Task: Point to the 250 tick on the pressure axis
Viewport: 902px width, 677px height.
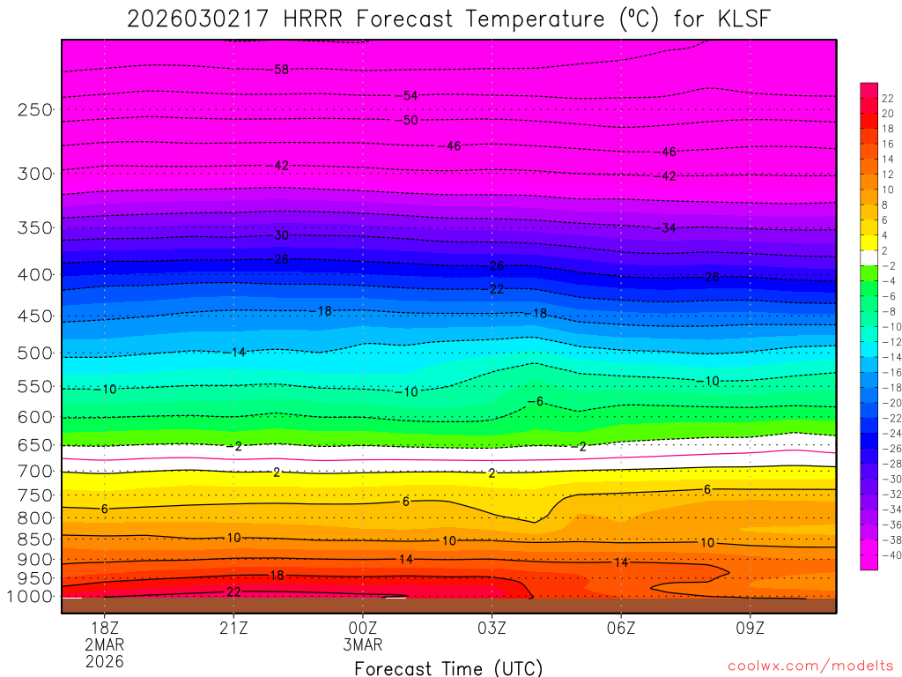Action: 36,110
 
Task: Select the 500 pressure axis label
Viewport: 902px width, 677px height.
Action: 36,353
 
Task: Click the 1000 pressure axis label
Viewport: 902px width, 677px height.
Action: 32,597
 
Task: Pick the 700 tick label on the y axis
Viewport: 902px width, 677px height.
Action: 36,472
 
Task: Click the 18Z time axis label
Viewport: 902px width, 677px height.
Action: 105,628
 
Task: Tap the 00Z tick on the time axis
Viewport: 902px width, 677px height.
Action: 363,628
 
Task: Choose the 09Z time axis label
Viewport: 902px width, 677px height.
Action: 750,628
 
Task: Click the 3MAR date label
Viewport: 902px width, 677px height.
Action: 363,644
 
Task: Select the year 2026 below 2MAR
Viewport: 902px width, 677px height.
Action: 105,661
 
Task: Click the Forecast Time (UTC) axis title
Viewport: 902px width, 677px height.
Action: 448,667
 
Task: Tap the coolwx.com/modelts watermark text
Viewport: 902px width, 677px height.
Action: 810,666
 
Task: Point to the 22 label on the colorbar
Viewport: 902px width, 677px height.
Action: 888,98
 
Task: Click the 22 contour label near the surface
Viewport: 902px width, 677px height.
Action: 233,591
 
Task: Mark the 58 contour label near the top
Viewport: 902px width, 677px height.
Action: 282,70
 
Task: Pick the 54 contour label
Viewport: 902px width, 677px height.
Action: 410,95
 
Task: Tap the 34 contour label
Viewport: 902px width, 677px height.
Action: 669,228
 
